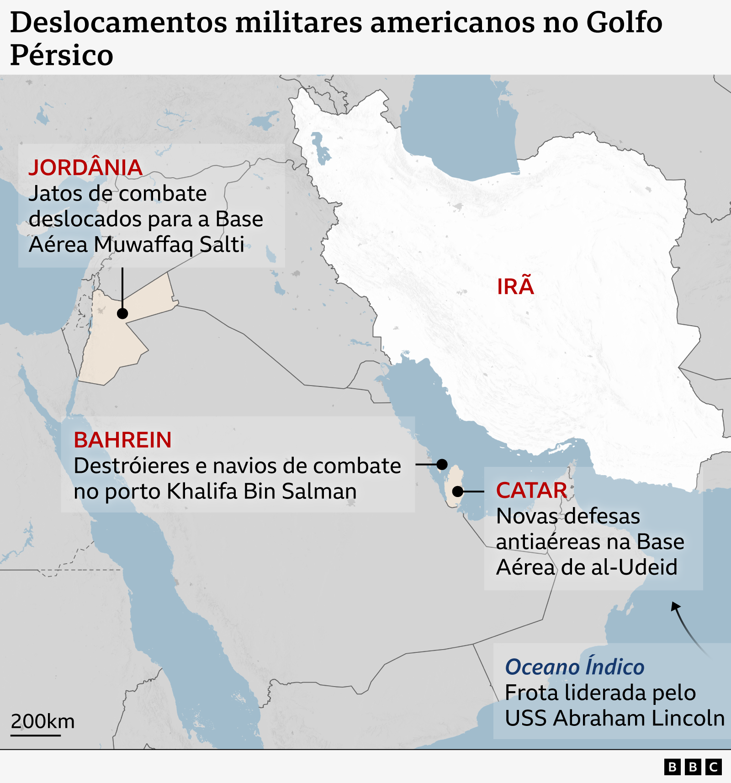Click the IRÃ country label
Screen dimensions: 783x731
[x=515, y=287]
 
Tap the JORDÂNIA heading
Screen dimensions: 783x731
[x=85, y=168]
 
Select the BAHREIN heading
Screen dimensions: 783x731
[x=122, y=440]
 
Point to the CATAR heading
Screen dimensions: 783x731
[x=531, y=491]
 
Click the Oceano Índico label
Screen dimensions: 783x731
[x=574, y=667]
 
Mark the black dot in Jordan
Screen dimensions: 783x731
[x=122, y=313]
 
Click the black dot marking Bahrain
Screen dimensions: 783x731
[x=442, y=465]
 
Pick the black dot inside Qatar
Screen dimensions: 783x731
[x=458, y=492]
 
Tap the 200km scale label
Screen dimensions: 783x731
[x=42, y=721]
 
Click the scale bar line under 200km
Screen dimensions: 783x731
[x=36, y=735]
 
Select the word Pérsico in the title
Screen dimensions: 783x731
[x=62, y=55]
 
